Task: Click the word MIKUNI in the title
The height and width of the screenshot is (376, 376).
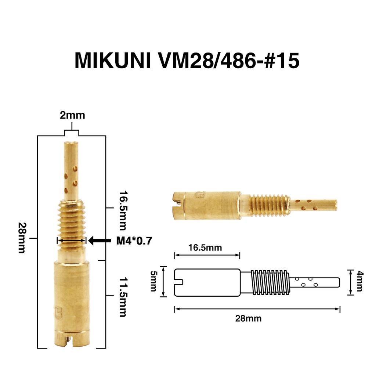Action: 113,61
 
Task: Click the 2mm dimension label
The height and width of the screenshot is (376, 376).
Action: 72,115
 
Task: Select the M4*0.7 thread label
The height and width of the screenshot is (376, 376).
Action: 134,241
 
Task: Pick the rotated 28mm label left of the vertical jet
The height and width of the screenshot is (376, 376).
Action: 22,238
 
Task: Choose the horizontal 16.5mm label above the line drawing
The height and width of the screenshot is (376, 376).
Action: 205,247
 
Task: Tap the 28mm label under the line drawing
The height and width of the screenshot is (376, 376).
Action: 249,318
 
